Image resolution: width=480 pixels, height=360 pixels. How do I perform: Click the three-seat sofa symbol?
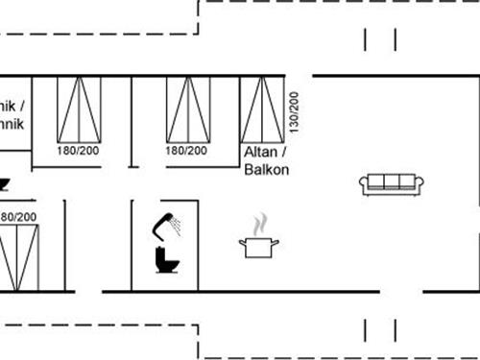tap(392, 183)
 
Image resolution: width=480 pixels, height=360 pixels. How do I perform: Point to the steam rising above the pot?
tap(259, 226)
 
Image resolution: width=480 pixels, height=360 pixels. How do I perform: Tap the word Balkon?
tap(267, 169)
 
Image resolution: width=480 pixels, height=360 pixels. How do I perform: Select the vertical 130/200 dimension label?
tap(294, 112)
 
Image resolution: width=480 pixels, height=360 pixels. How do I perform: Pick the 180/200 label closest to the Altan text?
tap(187, 151)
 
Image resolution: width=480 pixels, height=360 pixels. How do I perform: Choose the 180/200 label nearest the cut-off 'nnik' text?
tap(79, 151)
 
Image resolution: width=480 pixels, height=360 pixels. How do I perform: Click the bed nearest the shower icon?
tap(188, 109)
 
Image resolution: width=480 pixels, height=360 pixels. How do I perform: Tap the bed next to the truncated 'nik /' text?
tap(79, 109)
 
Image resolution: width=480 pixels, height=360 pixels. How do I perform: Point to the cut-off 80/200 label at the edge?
tap(18, 218)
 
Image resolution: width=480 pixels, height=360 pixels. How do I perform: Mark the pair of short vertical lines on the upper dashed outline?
tap(380, 39)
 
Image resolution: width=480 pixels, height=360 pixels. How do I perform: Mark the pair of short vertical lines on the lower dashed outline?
tap(380, 328)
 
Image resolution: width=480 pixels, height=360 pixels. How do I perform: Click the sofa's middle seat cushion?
tap(392, 181)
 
